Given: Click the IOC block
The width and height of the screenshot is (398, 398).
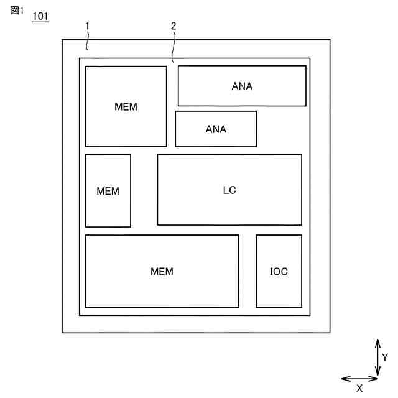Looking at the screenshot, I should (279, 271).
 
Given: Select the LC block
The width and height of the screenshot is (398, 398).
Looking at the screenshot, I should (229, 190).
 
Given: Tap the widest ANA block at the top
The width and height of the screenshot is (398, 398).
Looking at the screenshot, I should (242, 86).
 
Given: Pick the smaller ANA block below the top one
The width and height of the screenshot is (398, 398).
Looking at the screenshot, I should (216, 129).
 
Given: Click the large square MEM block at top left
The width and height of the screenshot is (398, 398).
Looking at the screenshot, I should (126, 106).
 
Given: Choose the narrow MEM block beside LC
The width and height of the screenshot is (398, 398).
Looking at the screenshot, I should (108, 190).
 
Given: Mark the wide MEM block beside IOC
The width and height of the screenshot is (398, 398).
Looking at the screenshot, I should (162, 271).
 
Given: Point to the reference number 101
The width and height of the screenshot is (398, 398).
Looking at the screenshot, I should (40, 16).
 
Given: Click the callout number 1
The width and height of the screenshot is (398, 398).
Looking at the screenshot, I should (88, 25).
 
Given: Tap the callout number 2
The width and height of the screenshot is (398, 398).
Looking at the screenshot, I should (173, 25).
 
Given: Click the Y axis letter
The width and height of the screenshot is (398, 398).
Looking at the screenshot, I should (385, 358).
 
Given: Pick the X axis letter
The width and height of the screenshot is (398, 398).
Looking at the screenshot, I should (359, 388).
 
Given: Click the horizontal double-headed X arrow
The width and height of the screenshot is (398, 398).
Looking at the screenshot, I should (360, 378).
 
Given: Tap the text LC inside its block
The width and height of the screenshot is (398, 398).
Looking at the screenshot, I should (229, 190).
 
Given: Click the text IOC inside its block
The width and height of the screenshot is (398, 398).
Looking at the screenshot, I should (279, 271).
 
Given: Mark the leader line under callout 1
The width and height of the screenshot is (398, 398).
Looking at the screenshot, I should (88, 40).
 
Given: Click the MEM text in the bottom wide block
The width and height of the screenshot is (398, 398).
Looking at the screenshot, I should (162, 271).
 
